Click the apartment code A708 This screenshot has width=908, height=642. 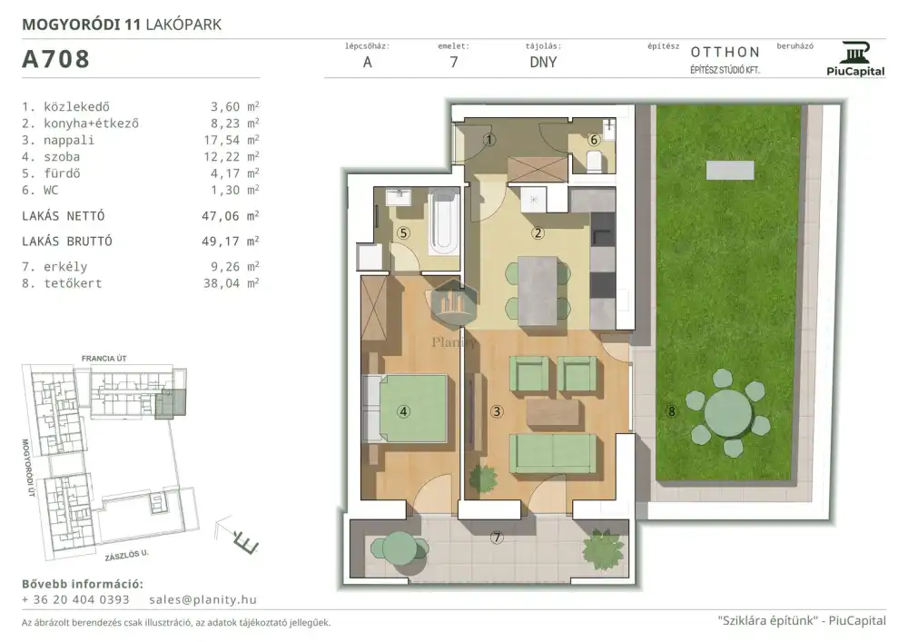[x=55, y=59]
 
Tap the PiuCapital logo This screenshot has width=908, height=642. [x=855, y=59]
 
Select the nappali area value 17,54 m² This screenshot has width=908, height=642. [x=234, y=140]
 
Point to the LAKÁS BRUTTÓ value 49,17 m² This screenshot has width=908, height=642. [x=231, y=241]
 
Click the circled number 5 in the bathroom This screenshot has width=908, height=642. [x=404, y=233]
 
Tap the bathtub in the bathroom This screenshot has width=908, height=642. [x=444, y=223]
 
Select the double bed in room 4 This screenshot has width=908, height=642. [x=405, y=409]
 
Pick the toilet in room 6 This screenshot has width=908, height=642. [x=595, y=162]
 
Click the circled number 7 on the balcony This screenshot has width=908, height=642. [x=497, y=538]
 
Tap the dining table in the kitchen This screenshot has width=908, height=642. [x=538, y=291]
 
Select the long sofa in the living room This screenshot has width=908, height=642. [x=553, y=453]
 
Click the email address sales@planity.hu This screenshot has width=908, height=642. [x=202, y=599]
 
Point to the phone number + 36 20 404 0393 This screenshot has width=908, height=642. [x=75, y=599]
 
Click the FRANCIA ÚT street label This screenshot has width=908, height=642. [x=104, y=359]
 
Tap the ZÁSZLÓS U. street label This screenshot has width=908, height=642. [x=127, y=555]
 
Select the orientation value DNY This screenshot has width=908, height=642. [x=543, y=63]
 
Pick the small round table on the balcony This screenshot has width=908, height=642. [x=398, y=547]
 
